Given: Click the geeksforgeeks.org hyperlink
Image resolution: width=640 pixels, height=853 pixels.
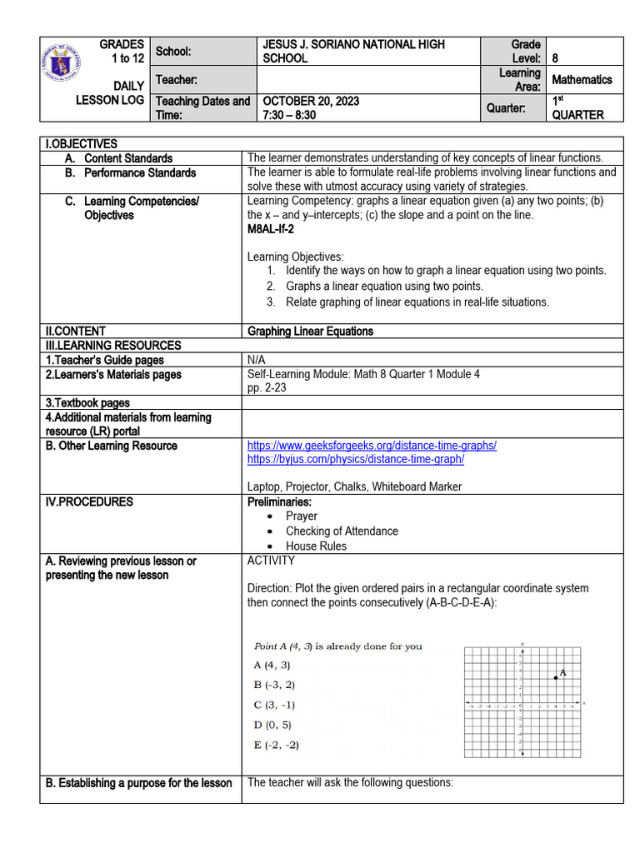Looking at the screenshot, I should click(x=372, y=446).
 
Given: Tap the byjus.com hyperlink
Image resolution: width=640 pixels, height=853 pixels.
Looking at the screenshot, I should click(x=355, y=459).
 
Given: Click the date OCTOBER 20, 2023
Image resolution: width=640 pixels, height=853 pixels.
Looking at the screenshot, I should click(x=312, y=101).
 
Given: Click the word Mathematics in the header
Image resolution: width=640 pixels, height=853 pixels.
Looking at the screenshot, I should click(x=582, y=80).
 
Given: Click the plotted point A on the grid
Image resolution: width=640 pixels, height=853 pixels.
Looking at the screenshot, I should click(x=556, y=677).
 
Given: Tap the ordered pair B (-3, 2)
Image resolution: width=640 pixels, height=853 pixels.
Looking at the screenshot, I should click(x=274, y=685).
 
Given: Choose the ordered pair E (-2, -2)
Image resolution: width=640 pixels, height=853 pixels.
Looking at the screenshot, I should click(x=276, y=745).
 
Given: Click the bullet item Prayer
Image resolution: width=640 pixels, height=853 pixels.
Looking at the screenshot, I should click(x=301, y=516).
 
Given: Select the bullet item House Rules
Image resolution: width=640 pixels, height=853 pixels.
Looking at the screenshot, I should click(x=316, y=546).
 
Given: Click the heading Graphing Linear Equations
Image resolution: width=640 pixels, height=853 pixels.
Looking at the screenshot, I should click(x=310, y=332).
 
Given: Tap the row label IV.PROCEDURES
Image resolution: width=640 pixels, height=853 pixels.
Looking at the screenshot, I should click(x=89, y=502).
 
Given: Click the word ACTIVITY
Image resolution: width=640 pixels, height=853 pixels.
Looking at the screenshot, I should click(x=271, y=561).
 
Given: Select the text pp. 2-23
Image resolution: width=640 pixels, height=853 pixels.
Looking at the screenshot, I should click(x=267, y=388).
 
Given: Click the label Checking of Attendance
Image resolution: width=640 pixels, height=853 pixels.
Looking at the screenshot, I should click(x=342, y=531).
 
